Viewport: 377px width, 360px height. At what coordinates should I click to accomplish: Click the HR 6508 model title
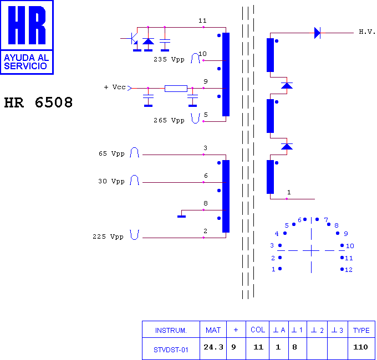tap(38, 102)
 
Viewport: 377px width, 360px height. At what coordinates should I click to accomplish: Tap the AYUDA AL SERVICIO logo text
tap(27, 61)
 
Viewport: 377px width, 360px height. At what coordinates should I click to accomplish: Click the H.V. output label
tap(367, 32)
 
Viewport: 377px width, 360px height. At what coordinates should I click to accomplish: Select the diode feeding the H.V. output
tap(317, 33)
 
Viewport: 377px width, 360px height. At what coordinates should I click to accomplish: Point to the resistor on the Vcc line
tap(176, 89)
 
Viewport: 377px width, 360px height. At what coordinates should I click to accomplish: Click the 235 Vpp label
tap(169, 59)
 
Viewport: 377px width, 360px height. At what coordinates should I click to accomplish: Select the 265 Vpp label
tap(169, 120)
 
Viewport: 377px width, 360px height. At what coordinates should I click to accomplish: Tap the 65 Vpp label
tap(111, 153)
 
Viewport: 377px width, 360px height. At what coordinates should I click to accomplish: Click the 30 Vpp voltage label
tap(111, 181)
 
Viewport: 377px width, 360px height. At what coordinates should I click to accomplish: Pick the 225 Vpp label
tap(108, 236)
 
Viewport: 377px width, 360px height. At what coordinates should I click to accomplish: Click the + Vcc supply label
tap(115, 87)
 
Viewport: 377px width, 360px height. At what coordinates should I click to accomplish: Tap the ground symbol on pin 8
tap(181, 217)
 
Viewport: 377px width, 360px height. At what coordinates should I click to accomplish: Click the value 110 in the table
tap(361, 347)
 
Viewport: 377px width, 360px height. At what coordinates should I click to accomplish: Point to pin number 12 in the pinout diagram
tap(349, 270)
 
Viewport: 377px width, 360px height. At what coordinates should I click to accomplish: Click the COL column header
tap(258, 330)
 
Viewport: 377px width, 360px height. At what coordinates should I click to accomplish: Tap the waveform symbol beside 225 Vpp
tap(134, 235)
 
